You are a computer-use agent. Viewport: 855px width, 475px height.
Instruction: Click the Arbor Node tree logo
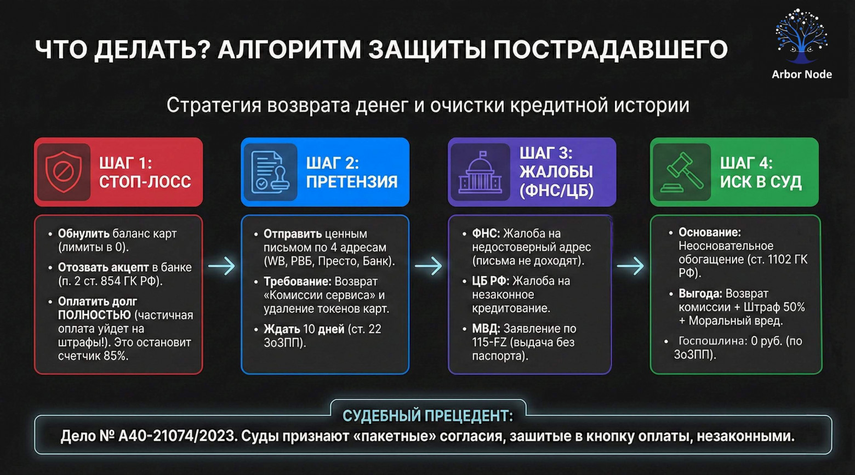pos(801,36)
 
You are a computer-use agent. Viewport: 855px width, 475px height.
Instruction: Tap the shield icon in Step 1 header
pos(63,172)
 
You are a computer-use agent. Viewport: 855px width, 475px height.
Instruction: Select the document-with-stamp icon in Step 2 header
pos(270,172)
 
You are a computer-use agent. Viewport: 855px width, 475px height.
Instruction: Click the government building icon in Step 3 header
pos(480,172)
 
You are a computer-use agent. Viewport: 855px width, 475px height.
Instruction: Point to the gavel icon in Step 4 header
pos(681,172)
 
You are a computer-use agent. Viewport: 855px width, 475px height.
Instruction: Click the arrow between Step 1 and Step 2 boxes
pos(221,266)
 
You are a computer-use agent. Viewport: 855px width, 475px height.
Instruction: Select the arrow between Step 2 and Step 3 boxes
pos(428,266)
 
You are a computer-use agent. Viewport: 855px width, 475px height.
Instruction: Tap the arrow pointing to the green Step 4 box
pos(630,266)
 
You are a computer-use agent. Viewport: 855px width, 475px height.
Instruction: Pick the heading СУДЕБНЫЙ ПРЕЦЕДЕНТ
pos(428,416)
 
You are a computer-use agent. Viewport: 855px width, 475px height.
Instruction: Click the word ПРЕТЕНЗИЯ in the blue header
pos(352,182)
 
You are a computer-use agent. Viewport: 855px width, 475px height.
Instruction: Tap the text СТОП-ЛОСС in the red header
pos(145,182)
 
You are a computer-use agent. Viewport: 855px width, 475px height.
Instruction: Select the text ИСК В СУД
pos(761,182)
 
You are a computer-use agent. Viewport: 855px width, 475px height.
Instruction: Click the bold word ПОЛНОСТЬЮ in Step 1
pos(94,315)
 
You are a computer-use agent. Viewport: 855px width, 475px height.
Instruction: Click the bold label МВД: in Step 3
pos(486,329)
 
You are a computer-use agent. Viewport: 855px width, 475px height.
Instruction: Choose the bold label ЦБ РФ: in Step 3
pos(491,281)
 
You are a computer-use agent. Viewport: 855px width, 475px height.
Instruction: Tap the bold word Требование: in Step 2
pos(297,282)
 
